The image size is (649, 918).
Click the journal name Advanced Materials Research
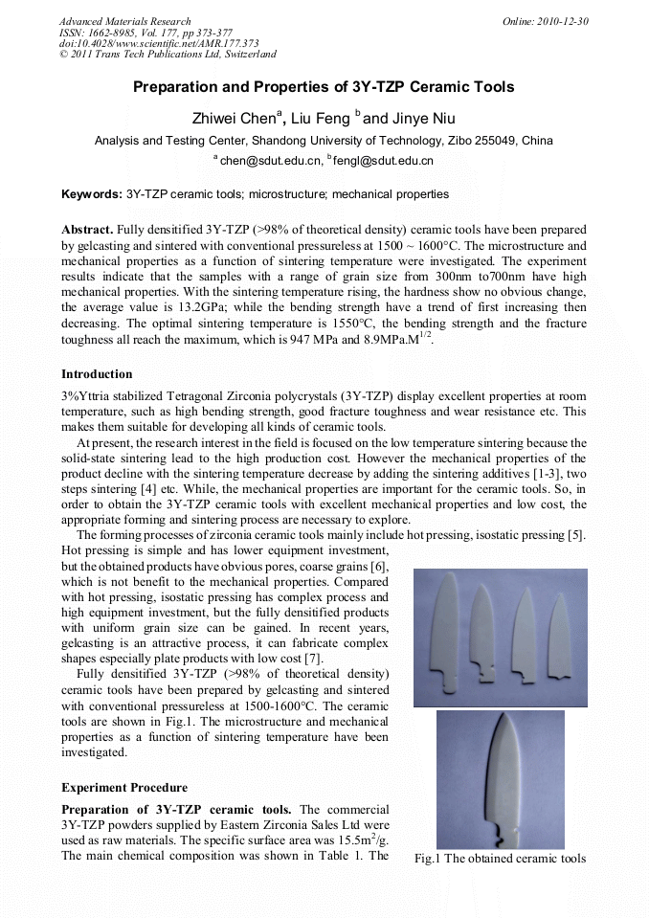(124, 21)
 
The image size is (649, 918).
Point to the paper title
(324, 87)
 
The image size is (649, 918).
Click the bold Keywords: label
(92, 194)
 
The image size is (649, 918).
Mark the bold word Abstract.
(87, 231)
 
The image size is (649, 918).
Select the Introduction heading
(97, 373)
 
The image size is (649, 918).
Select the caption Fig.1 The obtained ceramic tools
(500, 859)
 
